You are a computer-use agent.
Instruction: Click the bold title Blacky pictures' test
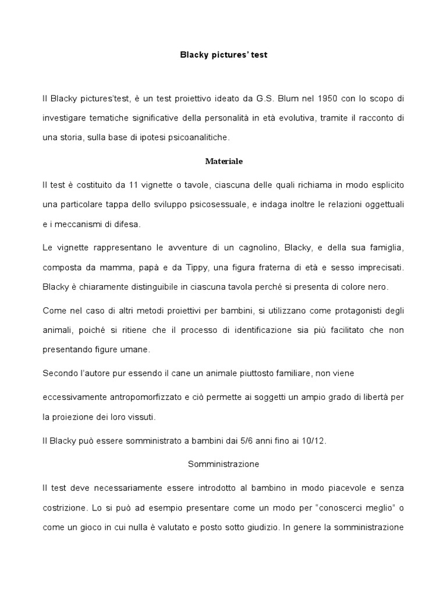223,55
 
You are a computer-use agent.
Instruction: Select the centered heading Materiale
223,160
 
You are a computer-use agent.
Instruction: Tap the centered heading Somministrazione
223,464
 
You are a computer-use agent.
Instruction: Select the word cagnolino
250,248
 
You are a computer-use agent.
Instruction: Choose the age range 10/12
314,441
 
